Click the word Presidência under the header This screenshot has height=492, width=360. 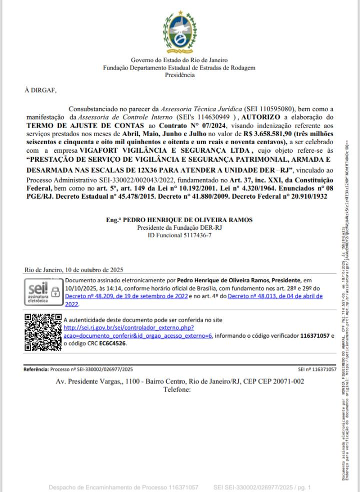(179, 75)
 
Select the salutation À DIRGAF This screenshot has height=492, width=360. (41, 91)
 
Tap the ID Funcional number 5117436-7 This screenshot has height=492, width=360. (195, 235)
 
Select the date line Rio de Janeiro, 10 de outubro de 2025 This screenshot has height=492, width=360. (74, 270)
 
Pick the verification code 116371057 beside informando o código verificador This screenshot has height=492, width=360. (315, 335)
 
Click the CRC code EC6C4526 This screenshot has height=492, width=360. (112, 343)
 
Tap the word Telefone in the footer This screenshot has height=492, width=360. (177, 389)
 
